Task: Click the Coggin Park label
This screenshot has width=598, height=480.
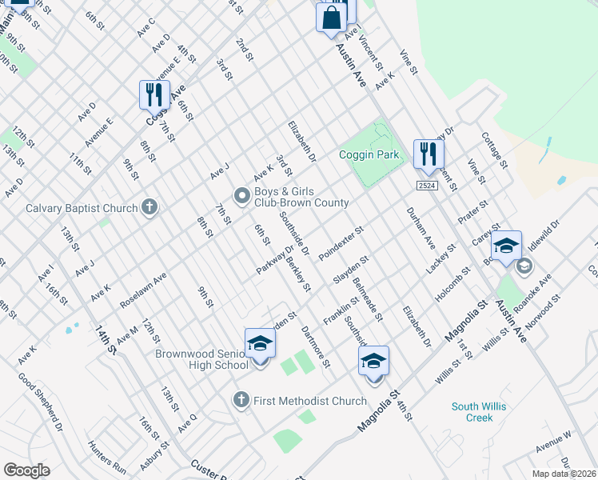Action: pos(369,154)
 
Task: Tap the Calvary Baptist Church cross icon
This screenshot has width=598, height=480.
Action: pos(149,208)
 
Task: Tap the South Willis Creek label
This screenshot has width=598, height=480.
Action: pos(478,412)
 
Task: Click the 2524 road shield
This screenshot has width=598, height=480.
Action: pos(425,186)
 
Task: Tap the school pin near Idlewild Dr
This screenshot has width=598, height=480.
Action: pos(506,245)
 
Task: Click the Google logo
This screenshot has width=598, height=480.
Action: pos(26,470)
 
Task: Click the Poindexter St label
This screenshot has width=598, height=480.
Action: pos(341,242)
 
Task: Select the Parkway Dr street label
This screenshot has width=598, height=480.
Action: pos(270,259)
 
